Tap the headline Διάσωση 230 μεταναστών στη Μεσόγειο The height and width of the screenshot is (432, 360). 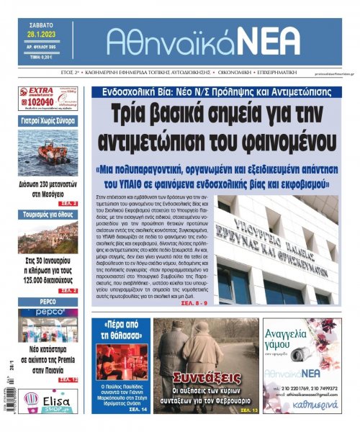pos(48,188)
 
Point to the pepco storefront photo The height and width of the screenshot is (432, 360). pos(48,325)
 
